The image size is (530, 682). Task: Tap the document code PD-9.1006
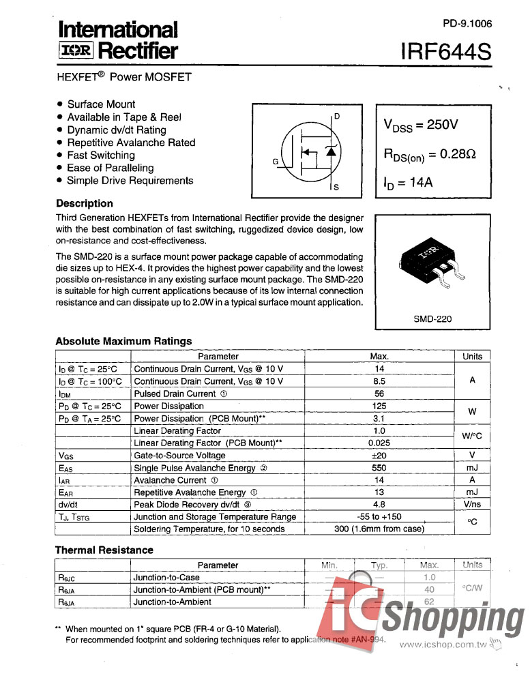pos(467,23)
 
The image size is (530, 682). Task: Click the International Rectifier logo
pos(117,40)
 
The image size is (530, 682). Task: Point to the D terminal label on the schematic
pos(337,116)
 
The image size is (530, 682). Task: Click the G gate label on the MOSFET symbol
pos(276,162)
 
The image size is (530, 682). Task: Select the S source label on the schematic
pos(336,187)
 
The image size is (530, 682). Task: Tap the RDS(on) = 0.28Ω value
pos(429,155)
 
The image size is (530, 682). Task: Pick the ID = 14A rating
pos(409,183)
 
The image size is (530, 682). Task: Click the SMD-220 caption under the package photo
pos(432,318)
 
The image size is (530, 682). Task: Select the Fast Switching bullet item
pos(101,155)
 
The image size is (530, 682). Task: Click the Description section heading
pos(85,203)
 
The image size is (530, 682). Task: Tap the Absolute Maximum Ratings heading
pos(123,341)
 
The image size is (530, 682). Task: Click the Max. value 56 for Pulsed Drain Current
pos(379,394)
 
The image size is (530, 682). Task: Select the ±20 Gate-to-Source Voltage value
pos(379,456)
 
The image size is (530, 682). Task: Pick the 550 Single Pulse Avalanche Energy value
pos(379,468)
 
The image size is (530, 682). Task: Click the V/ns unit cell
pos(472,505)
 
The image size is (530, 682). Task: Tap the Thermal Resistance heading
pos(104,550)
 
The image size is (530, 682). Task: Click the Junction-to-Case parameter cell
pos(166,577)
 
